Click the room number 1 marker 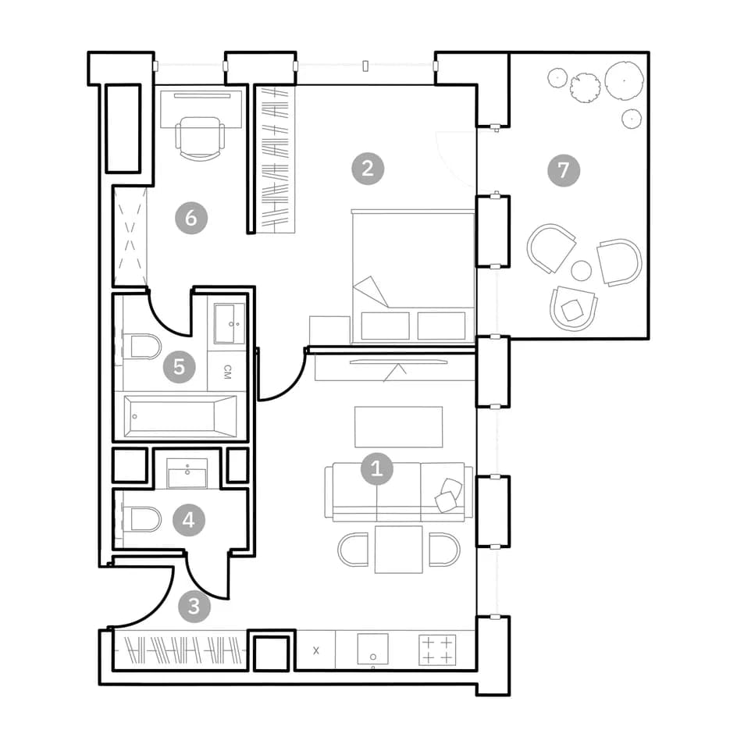tap(376, 468)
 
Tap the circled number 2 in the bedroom tap(368, 169)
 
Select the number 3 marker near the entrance tap(194, 607)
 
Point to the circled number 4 tap(188, 520)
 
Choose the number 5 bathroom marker tap(179, 367)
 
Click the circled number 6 tap(191, 218)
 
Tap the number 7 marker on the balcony tap(564, 170)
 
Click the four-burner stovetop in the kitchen tap(437, 650)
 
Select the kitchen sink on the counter tap(372, 649)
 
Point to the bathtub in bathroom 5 tap(180, 416)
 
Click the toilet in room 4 tap(141, 519)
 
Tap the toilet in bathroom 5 tap(141, 347)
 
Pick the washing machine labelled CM tap(227, 372)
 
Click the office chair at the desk tap(200, 139)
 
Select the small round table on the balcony tap(581, 271)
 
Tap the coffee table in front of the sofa tap(399, 427)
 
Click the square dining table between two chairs tap(399, 550)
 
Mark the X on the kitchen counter tap(316, 650)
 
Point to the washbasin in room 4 tap(187, 473)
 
